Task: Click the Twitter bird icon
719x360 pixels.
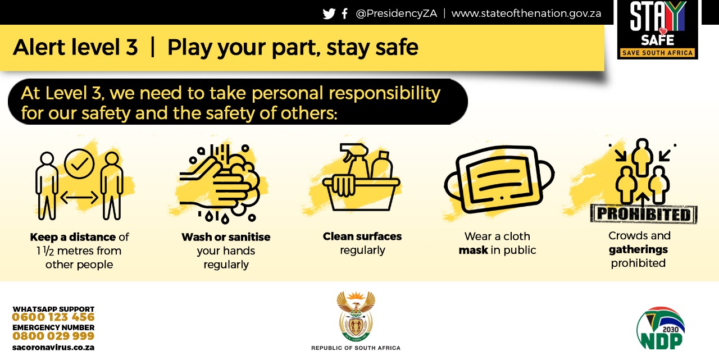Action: [329, 14]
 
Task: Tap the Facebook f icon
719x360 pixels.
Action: [345, 13]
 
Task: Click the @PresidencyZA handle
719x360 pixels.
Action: [397, 13]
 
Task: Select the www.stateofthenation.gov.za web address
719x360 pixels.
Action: [526, 13]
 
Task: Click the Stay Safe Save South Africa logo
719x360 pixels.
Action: [657, 30]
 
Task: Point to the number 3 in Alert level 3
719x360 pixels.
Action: [131, 47]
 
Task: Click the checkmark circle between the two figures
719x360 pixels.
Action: [79, 163]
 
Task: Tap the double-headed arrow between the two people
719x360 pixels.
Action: [79, 197]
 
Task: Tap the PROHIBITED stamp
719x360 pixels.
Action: [644, 214]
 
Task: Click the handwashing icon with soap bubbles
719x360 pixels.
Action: [220, 183]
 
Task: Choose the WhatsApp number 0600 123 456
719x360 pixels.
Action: [53, 317]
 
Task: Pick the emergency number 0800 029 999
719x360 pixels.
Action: [53, 336]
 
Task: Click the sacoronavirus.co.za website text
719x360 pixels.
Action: [53, 348]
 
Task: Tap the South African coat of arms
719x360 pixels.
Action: [356, 316]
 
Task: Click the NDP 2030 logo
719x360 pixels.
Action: [661, 328]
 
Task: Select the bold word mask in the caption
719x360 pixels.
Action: [473, 250]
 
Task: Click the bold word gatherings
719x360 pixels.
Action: [638, 249]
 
